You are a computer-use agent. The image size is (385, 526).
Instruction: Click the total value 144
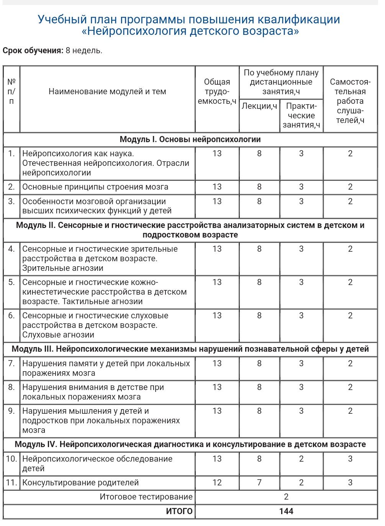pyautogui.click(x=286, y=511)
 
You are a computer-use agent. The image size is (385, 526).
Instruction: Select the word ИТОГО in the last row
pyautogui.click(x=179, y=511)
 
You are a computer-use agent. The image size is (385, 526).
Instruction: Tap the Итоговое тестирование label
pyautogui.click(x=146, y=497)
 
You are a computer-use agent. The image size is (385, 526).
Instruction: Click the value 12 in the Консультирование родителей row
pyautogui.click(x=217, y=483)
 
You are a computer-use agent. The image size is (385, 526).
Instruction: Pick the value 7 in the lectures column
pyautogui.click(x=259, y=483)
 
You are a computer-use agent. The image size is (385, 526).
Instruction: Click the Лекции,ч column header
pyautogui.click(x=259, y=106)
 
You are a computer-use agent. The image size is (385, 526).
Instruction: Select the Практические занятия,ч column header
pyautogui.click(x=301, y=115)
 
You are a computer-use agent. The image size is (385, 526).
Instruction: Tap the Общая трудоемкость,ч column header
pyautogui.click(x=217, y=92)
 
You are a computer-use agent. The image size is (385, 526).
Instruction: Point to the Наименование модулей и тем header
pyautogui.click(x=107, y=92)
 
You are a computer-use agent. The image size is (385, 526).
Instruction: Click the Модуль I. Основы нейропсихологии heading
pyautogui.click(x=190, y=139)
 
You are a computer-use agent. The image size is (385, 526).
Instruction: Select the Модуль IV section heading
pyautogui.click(x=190, y=444)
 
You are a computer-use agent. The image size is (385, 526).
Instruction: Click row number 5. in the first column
pyautogui.click(x=11, y=282)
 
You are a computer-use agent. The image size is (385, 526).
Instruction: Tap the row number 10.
pyautogui.click(x=11, y=459)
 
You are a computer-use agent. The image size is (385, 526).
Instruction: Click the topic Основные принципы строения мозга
pyautogui.click(x=95, y=187)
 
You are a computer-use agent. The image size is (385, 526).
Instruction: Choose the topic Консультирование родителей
pyautogui.click(x=80, y=483)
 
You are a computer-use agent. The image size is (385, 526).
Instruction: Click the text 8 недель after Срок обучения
pyautogui.click(x=84, y=51)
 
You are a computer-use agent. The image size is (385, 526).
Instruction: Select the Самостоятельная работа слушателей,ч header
pyautogui.click(x=350, y=101)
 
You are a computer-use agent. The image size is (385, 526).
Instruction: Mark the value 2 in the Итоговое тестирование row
pyautogui.click(x=286, y=497)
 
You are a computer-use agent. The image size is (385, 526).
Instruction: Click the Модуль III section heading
pyautogui.click(x=190, y=349)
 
